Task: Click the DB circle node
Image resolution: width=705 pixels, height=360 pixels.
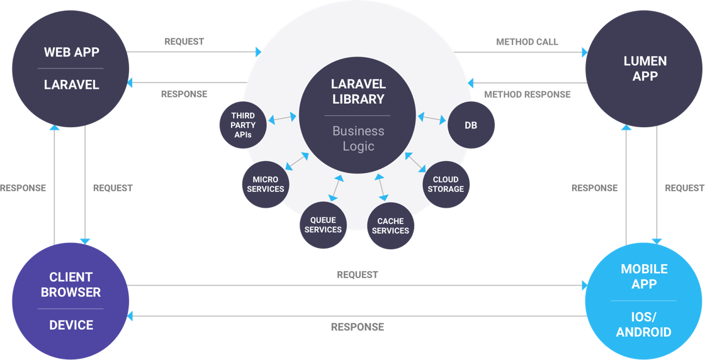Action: [x=471, y=125]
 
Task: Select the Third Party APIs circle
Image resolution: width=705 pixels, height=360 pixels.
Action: [x=243, y=125]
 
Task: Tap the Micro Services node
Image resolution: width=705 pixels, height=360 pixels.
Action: [x=265, y=184]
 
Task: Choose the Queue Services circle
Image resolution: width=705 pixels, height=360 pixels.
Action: [x=323, y=225]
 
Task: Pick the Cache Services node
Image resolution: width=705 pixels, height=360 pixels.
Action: [x=390, y=225]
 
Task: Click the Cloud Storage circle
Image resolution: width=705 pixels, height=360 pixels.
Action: [x=446, y=184]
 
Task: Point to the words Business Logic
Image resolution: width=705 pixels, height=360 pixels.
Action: [x=358, y=138]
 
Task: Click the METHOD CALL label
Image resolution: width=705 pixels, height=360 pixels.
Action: [x=527, y=42]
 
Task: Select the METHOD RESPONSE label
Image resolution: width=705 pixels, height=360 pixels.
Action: [x=527, y=94]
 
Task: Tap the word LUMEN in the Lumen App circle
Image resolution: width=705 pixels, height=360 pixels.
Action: [x=645, y=62]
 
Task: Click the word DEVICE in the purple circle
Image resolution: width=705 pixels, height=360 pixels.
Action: [x=71, y=325]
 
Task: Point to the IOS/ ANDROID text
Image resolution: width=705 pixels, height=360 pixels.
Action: [x=643, y=325]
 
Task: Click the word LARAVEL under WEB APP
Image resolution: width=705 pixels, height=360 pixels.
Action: [x=71, y=84]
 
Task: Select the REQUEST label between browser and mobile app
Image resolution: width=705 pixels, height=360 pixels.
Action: [x=357, y=274]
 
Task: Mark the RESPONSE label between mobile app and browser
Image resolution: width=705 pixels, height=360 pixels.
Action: [x=357, y=327]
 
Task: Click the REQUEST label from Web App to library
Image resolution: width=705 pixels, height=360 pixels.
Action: [x=184, y=42]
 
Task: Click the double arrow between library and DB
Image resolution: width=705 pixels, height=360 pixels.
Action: [x=431, y=118]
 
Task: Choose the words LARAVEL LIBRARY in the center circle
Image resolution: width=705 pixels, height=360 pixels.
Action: [x=358, y=91]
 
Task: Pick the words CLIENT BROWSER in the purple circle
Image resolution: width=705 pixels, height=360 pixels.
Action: [x=70, y=284]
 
